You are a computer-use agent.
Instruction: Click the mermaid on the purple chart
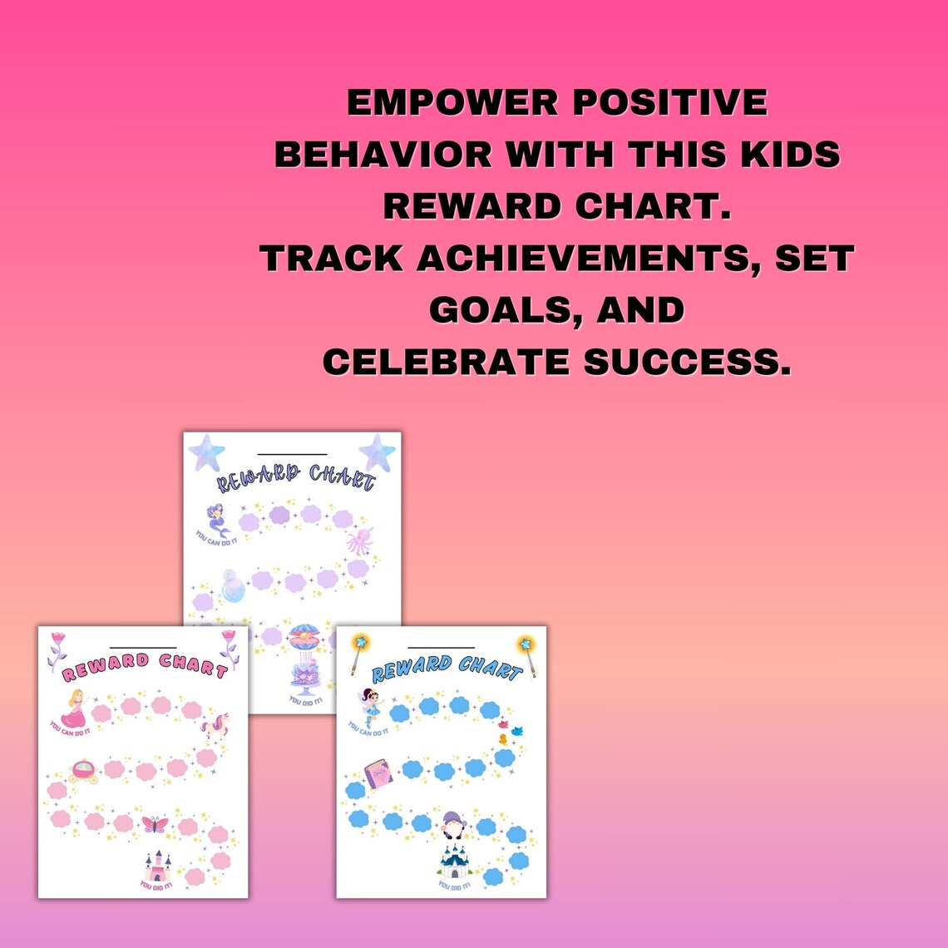coord(219,520)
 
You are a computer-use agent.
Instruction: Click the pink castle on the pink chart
coord(157,867)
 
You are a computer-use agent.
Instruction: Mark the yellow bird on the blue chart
coord(503,738)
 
